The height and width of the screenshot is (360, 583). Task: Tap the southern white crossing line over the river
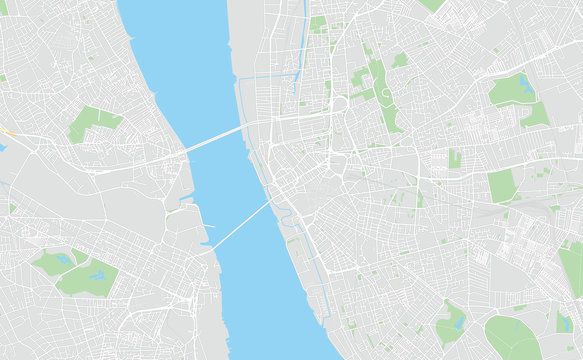[x=241, y=224]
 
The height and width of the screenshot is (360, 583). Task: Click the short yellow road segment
[x=6, y=131]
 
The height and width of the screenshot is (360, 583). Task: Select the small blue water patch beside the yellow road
[x=2, y=147]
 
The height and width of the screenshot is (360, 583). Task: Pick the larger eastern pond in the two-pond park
[x=98, y=274]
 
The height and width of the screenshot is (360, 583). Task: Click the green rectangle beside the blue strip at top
[x=318, y=22]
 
